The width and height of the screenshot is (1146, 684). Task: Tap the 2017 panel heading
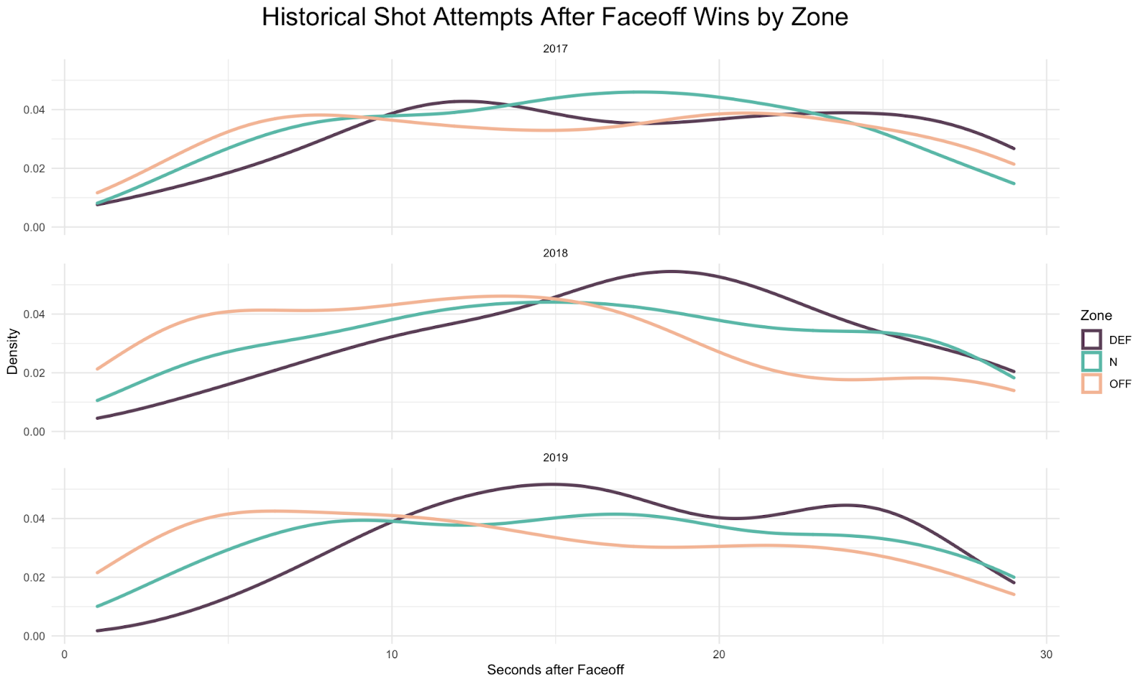tap(555, 49)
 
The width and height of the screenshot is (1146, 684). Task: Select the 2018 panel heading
tap(555, 254)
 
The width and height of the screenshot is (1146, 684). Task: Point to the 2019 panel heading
tap(555, 458)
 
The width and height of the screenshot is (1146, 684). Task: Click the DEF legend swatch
tap(1092, 339)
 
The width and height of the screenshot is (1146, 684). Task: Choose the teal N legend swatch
tap(1092, 362)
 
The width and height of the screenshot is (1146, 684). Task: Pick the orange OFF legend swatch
tap(1092, 383)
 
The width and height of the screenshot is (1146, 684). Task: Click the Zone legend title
tap(1096, 316)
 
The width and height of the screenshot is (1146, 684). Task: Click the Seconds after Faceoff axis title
tap(555, 670)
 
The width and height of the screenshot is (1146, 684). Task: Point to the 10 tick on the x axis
tap(392, 653)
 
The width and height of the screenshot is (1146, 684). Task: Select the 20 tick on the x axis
tap(719, 653)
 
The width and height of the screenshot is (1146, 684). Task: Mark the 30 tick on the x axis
tap(1046, 653)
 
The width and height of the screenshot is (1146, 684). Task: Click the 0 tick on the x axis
tap(64, 653)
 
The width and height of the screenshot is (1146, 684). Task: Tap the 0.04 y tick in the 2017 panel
tap(35, 110)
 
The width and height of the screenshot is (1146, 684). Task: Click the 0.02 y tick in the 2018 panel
tap(35, 373)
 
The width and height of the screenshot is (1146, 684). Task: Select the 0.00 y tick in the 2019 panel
tap(35, 636)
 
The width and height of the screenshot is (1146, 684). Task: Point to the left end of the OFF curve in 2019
tap(97, 572)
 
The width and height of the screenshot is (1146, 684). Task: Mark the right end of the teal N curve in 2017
tap(1013, 183)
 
